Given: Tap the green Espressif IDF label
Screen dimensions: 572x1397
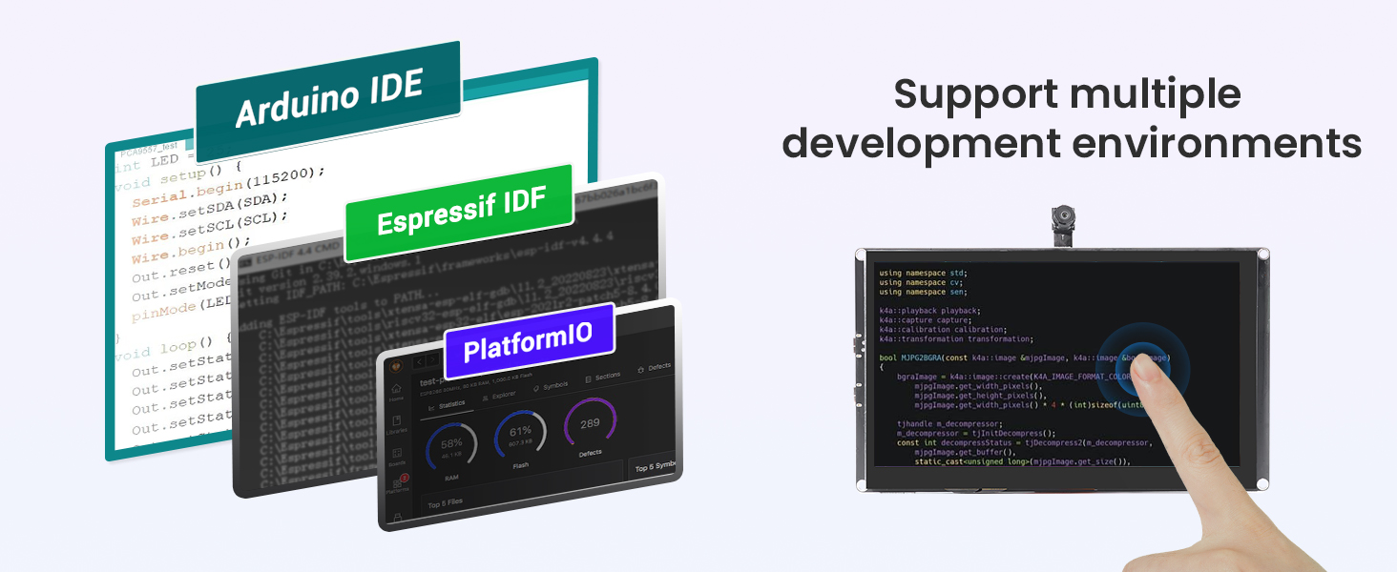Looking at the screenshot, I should click(x=458, y=214).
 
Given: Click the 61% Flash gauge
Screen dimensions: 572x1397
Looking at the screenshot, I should click(x=520, y=436).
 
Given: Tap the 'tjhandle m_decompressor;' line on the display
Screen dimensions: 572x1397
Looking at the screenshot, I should click(x=949, y=423).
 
